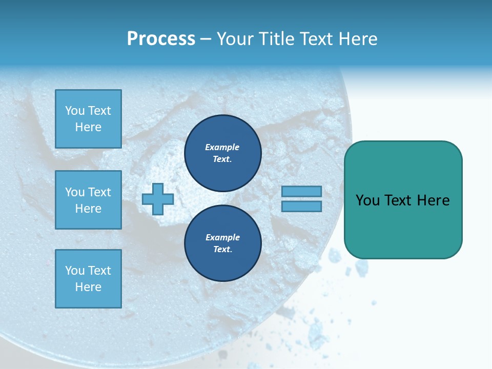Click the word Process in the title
[161, 39]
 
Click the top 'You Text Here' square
[88, 119]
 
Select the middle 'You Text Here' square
[88, 200]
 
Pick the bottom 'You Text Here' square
[88, 278]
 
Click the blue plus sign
[157, 199]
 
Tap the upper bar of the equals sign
[301, 191]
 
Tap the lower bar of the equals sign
[301, 206]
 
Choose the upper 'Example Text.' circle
[222, 153]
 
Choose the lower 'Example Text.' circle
[222, 243]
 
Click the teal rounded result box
[403, 199]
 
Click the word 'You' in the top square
[75, 111]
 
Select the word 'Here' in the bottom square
[88, 287]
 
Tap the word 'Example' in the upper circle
[222, 147]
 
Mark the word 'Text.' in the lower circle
[222, 249]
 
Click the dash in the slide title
[206, 39]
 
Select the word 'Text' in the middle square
[99, 192]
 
